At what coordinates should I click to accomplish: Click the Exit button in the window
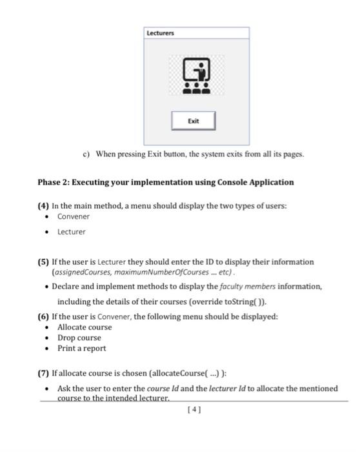[193, 121]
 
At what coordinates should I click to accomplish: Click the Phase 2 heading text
[165, 182]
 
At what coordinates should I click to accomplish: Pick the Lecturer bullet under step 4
[71, 231]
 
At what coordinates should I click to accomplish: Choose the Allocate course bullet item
[85, 327]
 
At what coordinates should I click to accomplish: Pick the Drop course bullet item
[79, 338]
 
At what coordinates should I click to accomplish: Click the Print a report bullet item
[82, 349]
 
